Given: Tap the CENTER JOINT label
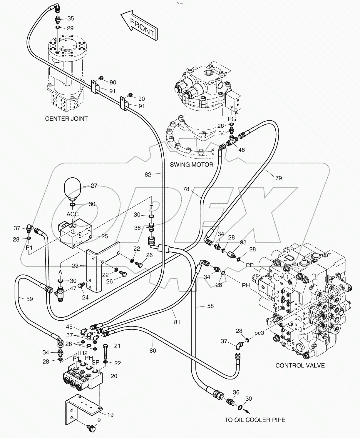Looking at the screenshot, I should [x=66, y=119].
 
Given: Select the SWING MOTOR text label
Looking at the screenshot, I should [x=192, y=165].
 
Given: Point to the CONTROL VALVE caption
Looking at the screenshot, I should [x=300, y=365].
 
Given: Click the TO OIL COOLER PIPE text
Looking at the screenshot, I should [x=255, y=420].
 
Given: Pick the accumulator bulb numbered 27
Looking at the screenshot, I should [x=73, y=187].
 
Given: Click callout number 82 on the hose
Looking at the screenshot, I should [x=148, y=174].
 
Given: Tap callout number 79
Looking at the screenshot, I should [x=278, y=178].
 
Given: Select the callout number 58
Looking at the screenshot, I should [x=210, y=306].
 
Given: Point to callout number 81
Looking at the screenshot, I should [x=177, y=322].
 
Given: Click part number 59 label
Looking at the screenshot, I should [x=29, y=299].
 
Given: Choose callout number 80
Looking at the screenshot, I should [x=153, y=350].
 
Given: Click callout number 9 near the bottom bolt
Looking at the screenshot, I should [x=99, y=420].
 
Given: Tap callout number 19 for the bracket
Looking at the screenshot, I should [x=110, y=415].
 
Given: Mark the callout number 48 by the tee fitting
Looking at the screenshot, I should [x=241, y=150].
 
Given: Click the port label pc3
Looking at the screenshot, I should [x=259, y=333].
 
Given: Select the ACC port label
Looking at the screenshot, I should [x=72, y=214].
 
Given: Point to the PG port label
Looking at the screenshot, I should [x=232, y=119].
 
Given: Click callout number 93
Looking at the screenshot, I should [x=243, y=242].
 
